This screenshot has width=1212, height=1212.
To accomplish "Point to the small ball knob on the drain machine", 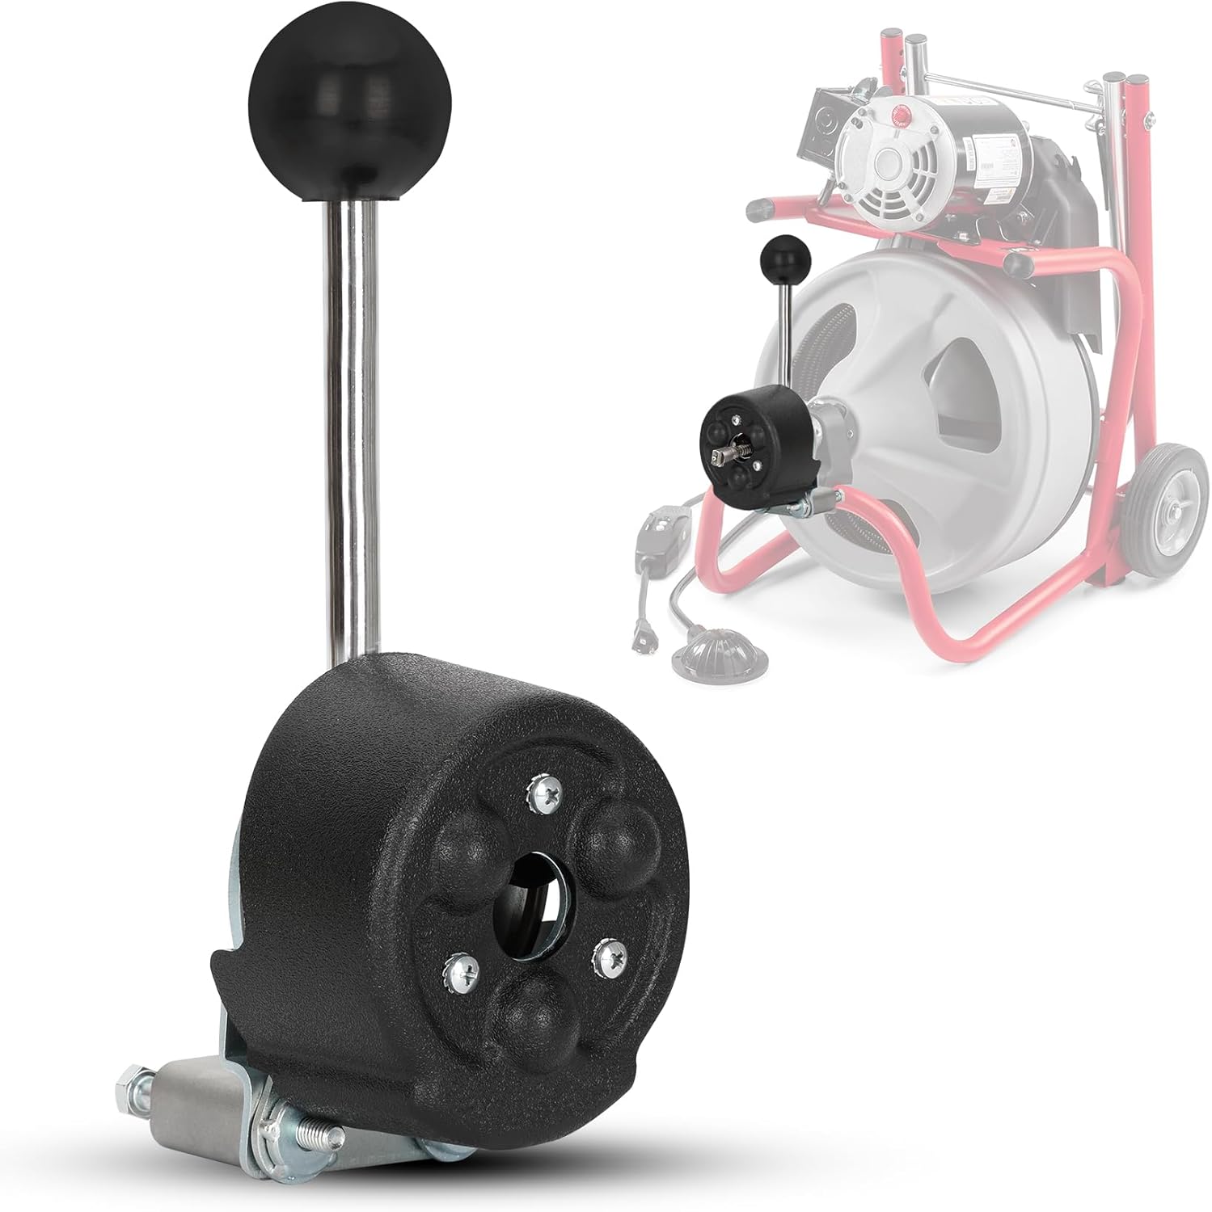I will [779, 255].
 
